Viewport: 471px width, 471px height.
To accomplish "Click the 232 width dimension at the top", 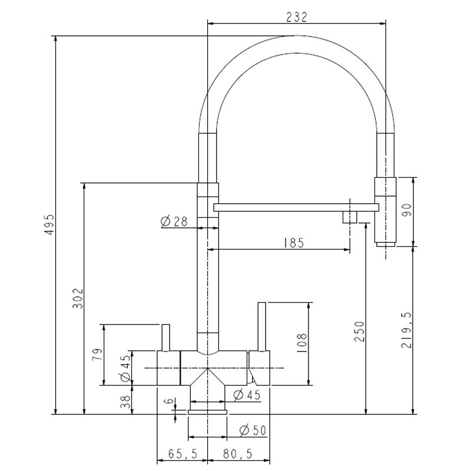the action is (297, 17).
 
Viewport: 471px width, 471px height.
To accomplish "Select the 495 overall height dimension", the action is (49, 224).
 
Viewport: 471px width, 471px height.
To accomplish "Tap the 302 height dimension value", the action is (77, 298).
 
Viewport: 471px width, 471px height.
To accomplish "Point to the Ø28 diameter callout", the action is (174, 221).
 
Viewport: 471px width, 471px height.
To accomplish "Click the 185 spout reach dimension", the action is (294, 243).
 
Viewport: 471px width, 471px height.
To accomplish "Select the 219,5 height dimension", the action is (406, 330).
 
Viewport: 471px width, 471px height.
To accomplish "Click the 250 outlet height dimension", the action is (359, 331).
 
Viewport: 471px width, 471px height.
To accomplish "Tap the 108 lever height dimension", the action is (301, 343).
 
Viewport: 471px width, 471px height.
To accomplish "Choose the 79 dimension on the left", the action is (97, 354).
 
